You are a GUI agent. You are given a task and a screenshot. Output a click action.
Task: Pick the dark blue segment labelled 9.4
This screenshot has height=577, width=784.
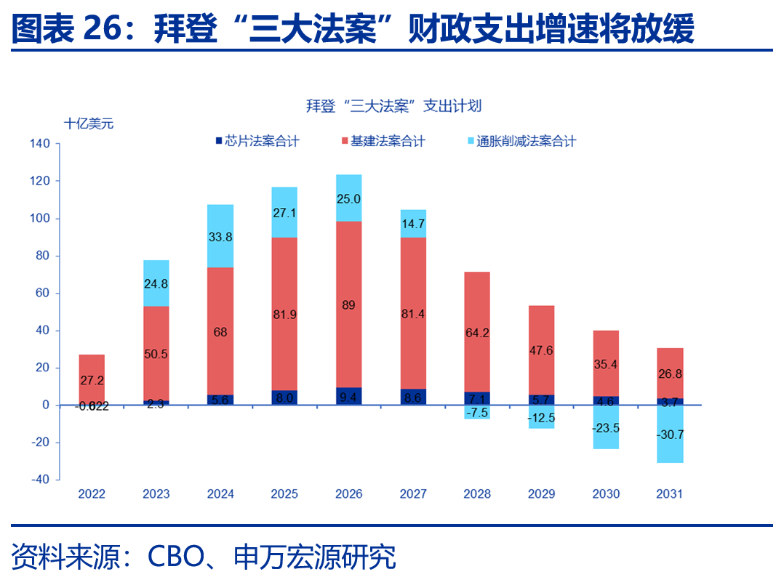coord(348,396)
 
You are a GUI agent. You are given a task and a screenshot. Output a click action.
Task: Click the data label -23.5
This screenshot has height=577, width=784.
coord(605,428)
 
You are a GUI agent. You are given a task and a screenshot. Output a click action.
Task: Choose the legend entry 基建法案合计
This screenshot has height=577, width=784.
coord(382,142)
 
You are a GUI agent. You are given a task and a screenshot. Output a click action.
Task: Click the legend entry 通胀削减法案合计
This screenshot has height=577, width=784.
coord(519,142)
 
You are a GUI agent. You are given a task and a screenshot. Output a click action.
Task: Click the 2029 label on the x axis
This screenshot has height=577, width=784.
coord(541,494)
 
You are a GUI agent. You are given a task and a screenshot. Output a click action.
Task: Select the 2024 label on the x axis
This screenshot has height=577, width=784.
coord(220,494)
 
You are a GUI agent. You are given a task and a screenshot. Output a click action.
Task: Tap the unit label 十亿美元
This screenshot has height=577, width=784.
coord(89,124)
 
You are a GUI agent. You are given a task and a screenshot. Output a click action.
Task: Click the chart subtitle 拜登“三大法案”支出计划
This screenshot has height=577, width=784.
coord(393,106)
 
